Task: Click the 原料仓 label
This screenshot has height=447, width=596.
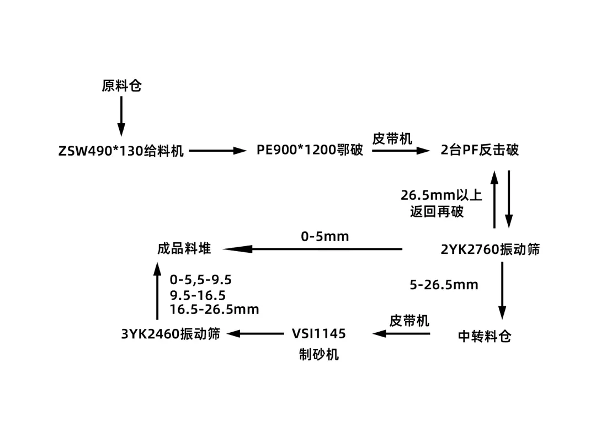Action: click(121, 86)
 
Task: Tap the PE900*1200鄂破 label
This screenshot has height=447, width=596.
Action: click(310, 150)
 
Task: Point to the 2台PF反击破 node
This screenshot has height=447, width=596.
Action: click(480, 150)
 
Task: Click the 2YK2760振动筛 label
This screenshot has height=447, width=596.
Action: click(490, 249)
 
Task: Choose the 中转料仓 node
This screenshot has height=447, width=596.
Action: click(485, 336)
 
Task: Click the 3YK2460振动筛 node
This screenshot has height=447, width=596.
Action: click(171, 334)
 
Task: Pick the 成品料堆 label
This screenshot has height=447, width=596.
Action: click(184, 249)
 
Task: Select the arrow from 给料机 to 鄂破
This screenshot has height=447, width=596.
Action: click(216, 150)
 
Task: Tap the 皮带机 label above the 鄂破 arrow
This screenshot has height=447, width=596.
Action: click(392, 138)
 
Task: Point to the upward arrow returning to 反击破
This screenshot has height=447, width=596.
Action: click(494, 199)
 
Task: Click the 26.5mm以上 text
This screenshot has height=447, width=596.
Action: click(441, 195)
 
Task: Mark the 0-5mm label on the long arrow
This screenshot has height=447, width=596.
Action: click(325, 237)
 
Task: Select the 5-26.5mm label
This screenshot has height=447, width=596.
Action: click(444, 285)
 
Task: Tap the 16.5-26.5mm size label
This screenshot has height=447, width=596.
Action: click(214, 310)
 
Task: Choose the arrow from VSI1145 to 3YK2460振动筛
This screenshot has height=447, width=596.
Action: click(254, 333)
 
